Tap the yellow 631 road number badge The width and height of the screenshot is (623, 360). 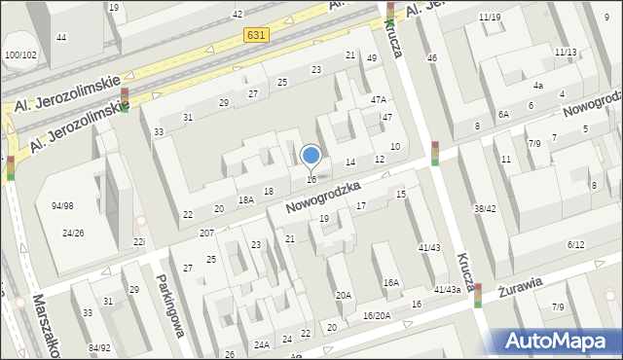click(x=257, y=34)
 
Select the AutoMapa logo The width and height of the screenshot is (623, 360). click(x=560, y=341)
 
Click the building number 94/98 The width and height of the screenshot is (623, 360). click(x=63, y=205)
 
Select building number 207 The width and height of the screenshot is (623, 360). click(x=206, y=234)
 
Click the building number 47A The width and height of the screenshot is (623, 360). click(x=379, y=99)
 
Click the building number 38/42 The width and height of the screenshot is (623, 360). click(x=485, y=208)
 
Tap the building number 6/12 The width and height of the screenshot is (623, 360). click(x=575, y=244)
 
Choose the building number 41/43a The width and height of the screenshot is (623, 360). click(x=448, y=289)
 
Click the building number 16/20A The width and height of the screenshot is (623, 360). click(x=377, y=315)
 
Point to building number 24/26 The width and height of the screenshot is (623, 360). click(x=73, y=233)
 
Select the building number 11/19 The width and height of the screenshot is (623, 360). click(x=490, y=18)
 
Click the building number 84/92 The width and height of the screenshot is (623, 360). click(x=99, y=347)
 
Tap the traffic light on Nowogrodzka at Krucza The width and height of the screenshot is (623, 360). click(x=435, y=154)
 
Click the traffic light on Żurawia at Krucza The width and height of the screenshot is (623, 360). click(x=478, y=294)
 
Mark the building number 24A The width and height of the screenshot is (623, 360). click(x=262, y=344)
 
